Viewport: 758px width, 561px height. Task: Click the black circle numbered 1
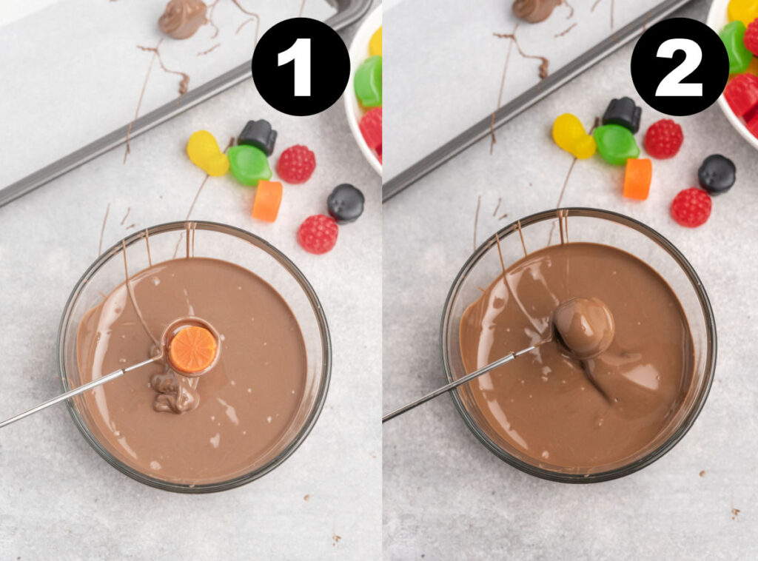(301, 67)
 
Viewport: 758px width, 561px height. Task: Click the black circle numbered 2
(679, 67)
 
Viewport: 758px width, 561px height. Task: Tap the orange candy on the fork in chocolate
(192, 349)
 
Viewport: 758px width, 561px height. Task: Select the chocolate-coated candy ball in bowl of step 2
(584, 326)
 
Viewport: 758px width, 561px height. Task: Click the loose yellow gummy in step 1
(206, 152)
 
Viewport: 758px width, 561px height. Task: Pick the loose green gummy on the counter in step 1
(249, 164)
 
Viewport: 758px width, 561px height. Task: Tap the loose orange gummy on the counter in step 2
(637, 179)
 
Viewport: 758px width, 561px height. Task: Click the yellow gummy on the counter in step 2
(573, 135)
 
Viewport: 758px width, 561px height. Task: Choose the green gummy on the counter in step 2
(616, 144)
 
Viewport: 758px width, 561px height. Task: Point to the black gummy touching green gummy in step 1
(258, 136)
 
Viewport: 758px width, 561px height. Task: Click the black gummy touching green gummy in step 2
(622, 114)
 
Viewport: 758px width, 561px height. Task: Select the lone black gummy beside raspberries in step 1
(346, 204)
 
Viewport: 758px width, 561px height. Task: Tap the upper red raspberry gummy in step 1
(296, 164)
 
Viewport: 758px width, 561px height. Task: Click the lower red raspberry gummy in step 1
(318, 234)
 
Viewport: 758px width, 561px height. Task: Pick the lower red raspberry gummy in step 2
(691, 207)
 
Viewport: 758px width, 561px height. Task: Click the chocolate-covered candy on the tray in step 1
(182, 18)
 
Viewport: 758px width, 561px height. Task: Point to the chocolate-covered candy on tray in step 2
(536, 9)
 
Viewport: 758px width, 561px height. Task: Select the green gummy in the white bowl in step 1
(368, 81)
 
